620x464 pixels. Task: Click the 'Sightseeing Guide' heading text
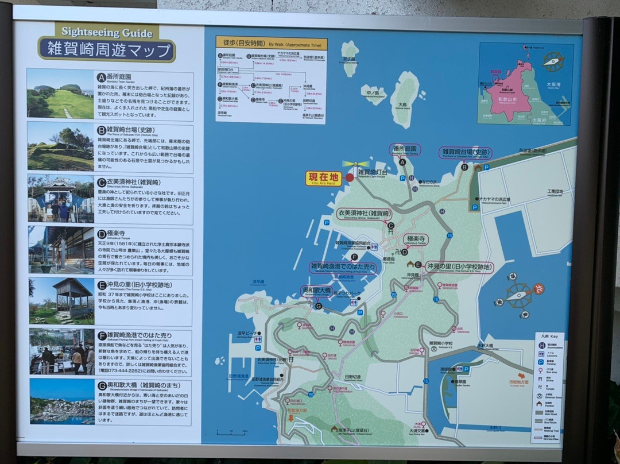tap(107, 33)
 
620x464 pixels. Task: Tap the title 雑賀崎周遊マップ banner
tap(107, 49)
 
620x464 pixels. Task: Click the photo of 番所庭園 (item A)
tap(60, 94)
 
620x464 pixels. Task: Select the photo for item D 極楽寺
tap(60, 250)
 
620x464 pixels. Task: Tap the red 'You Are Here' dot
tap(350, 177)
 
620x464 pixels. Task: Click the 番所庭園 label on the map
tap(405, 150)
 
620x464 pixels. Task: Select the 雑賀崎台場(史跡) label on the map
tap(465, 153)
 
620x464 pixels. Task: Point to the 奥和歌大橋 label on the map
tap(316, 291)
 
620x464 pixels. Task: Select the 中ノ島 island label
tap(372, 92)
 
